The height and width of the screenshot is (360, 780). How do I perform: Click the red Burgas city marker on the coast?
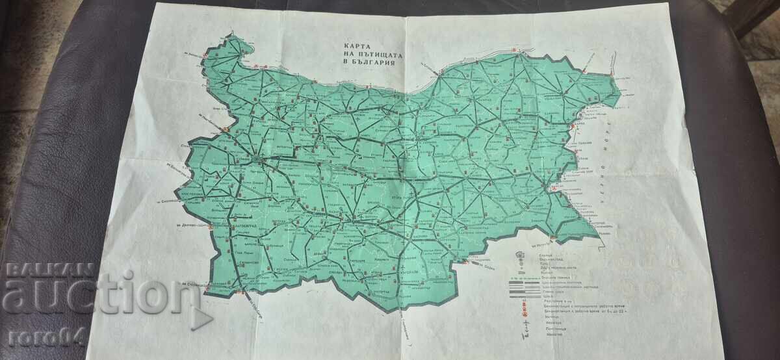click(x=554, y=188)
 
